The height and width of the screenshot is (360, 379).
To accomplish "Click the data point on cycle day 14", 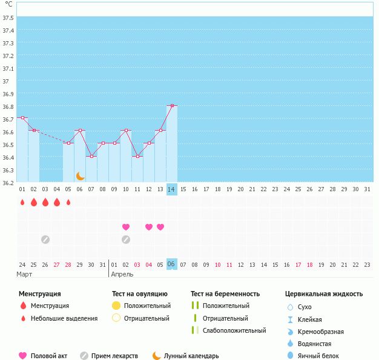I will pos(172,105).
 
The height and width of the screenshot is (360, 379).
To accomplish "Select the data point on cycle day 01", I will pos(22,117).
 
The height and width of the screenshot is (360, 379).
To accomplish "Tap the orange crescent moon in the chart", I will pos(81,175).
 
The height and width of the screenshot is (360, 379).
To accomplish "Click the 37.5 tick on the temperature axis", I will pos(8,18).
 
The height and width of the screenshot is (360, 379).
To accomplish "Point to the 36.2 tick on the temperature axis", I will pos(8,183).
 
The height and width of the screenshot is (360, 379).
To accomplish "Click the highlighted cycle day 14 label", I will pos(172,189).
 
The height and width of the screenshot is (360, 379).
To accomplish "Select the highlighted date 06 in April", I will pos(172,264).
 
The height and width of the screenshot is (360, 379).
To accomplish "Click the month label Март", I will pos(25,274).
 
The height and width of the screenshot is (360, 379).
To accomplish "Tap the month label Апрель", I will pos(122,274).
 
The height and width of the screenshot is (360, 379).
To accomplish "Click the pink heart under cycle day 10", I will pos(126,227).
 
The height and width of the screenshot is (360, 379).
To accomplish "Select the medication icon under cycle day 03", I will pos(45,240).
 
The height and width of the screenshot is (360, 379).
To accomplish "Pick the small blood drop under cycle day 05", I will pos(68,203).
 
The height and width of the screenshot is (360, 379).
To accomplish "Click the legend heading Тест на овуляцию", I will pos(139,294).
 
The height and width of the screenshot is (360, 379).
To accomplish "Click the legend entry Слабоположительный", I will pos(234,330).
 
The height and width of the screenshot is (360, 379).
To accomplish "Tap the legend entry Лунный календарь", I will pos(191,356).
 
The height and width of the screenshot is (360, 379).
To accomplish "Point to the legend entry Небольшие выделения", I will pos(64,318).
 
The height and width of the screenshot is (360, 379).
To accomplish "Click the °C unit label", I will pos(8,4).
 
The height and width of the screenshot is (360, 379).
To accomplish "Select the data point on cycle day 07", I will pos(91,156).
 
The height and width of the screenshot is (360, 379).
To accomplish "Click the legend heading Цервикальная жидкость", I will pos(324,294).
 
